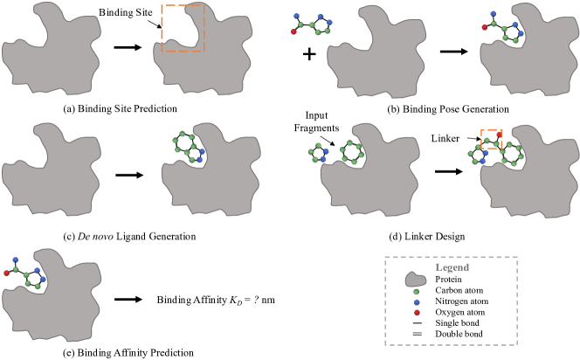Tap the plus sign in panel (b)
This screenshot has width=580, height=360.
click(x=307, y=53)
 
